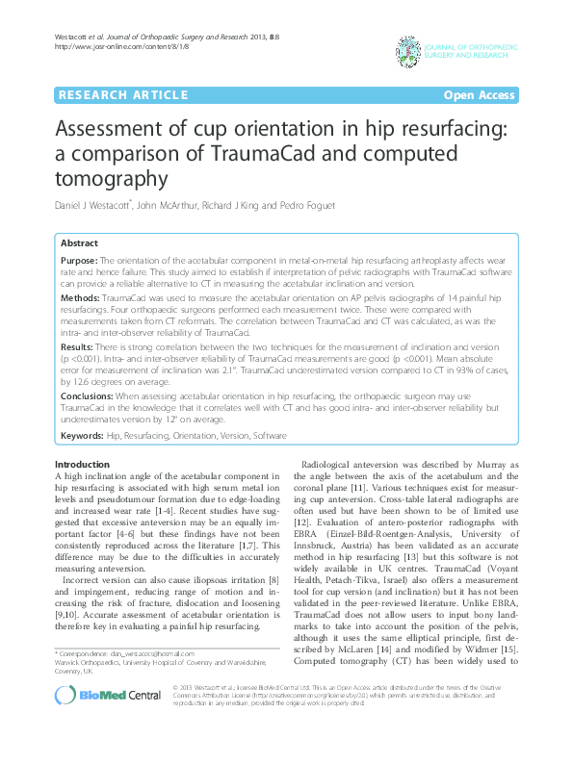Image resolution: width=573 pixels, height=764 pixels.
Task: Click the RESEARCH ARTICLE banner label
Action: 122,95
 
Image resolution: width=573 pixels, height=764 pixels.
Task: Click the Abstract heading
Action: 79,243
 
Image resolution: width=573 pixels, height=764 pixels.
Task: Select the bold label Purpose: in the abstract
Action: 78,261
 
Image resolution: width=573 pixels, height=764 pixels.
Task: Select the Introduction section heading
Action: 82,465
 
